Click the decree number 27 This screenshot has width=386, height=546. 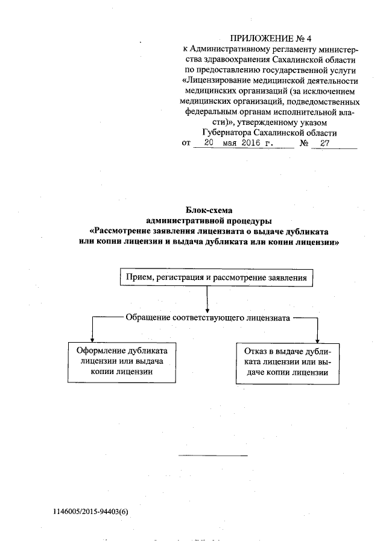[325, 144]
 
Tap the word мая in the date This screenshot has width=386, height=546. [229, 144]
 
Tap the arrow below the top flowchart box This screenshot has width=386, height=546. [207, 299]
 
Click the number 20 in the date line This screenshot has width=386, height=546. [209, 144]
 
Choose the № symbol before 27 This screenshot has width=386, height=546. [305, 144]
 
